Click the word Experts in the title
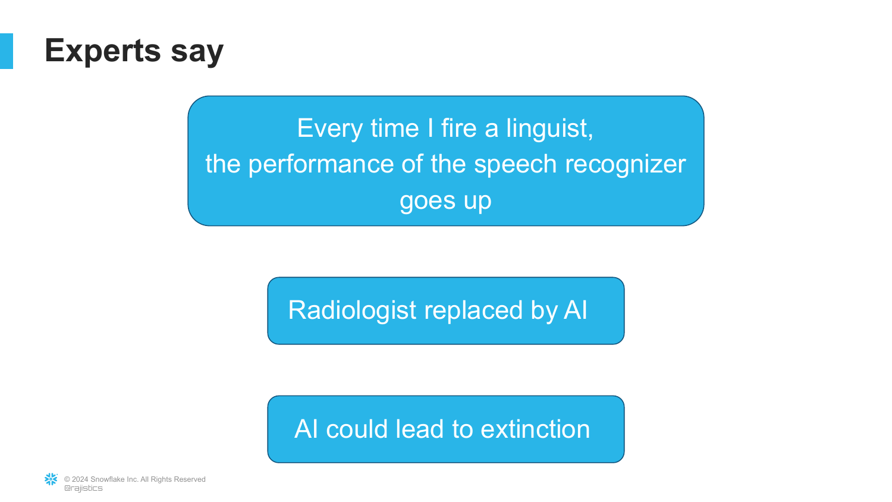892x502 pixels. pos(103,51)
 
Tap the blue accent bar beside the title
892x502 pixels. pos(7,51)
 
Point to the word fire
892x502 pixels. pos(458,128)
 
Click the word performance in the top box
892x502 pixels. pos(321,165)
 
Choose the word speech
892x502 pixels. pos(516,165)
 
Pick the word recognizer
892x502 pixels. pos(626,165)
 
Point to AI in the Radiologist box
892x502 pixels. pos(576,309)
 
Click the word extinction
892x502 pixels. pos(535,429)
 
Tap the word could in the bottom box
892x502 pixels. pos(357,429)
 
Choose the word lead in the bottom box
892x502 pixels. pos(420,429)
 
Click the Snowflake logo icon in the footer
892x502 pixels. pos(51,479)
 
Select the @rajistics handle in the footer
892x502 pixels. pos(83,488)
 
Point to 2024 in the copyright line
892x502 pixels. pos(80,479)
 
